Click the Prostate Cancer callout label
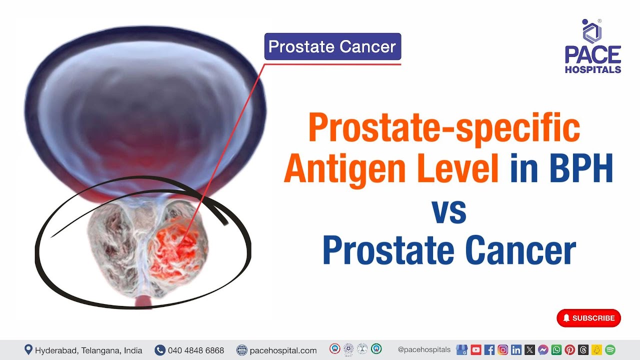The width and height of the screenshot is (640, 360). (332, 46)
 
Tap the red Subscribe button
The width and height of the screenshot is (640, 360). (588, 318)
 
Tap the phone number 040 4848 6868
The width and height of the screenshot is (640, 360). (195, 350)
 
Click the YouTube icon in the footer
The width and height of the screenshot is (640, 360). (475, 350)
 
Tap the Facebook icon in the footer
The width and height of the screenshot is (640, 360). (489, 350)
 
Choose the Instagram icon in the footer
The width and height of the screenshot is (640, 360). (502, 350)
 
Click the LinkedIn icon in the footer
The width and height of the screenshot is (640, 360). (516, 350)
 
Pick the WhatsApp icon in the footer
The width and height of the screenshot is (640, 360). (556, 350)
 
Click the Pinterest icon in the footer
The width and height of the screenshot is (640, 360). (569, 350)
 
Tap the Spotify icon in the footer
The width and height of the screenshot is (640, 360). (610, 350)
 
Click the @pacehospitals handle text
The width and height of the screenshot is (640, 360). (424, 350)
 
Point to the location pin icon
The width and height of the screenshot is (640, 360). (28, 350)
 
